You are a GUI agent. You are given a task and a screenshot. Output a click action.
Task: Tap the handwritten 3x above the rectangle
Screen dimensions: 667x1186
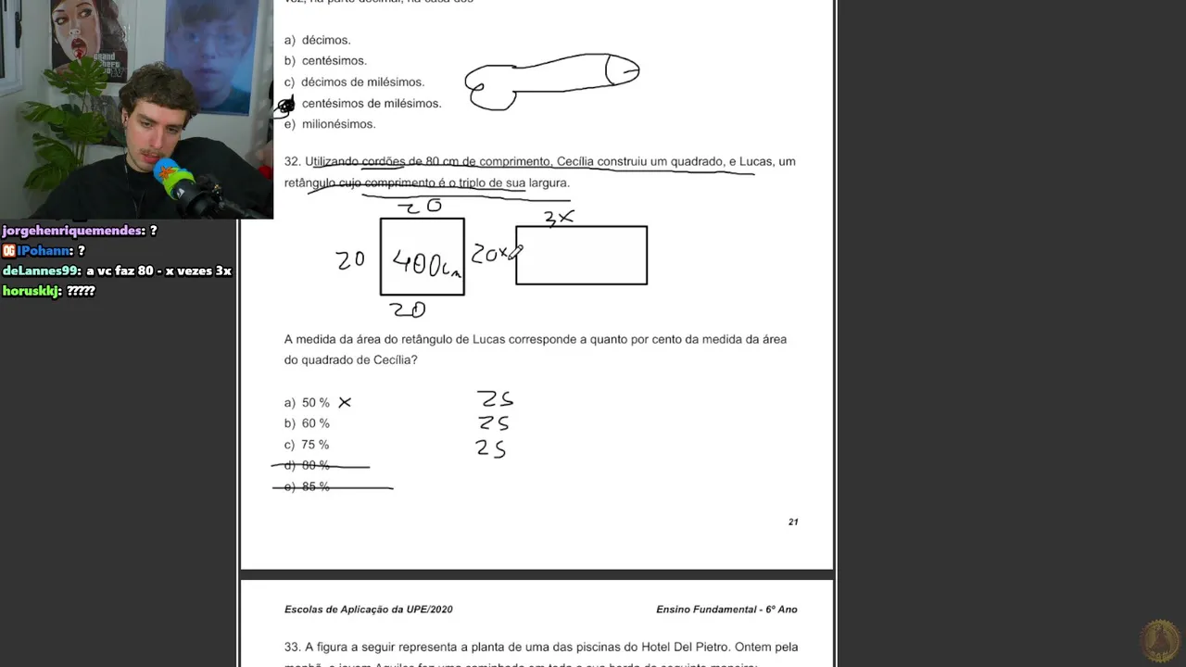(559, 218)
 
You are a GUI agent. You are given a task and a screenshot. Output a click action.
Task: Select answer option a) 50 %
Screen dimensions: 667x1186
(307, 403)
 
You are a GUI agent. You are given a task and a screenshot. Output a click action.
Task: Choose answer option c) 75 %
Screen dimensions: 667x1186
(307, 445)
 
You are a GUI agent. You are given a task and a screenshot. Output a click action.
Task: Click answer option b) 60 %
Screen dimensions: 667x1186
(307, 423)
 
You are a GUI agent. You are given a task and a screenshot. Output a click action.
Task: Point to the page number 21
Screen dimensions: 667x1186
(793, 522)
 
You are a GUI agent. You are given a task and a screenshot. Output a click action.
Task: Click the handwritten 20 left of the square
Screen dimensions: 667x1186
(350, 260)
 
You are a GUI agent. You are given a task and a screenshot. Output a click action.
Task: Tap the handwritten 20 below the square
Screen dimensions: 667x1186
(408, 310)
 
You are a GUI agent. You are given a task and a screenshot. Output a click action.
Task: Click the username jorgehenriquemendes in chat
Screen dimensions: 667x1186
(72, 231)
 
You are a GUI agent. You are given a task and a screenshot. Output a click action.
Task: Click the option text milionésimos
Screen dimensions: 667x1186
(338, 124)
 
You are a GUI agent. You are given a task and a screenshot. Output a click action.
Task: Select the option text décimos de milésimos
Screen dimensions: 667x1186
(362, 82)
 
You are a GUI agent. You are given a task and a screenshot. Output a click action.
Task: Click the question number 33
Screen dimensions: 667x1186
(291, 647)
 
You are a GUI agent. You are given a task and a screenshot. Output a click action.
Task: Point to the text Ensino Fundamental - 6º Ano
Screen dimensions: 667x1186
(726, 610)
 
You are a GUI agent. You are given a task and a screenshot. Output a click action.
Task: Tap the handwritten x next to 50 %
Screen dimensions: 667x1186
(345, 402)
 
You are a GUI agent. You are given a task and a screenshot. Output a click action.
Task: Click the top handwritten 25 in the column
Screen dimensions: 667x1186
(495, 399)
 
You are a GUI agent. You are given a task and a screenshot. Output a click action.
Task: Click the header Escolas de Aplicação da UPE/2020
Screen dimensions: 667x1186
(369, 610)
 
